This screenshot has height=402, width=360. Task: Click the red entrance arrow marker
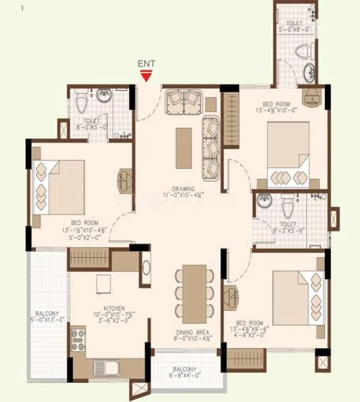click(145, 75)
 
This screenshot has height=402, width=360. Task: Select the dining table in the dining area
click(194, 293)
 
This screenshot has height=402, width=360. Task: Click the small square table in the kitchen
click(104, 283)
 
